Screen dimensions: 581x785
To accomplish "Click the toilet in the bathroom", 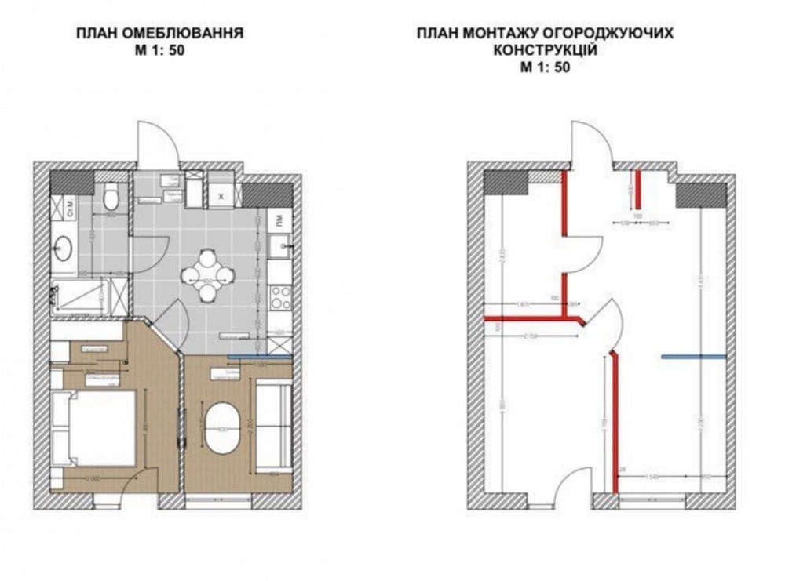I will click(x=111, y=194).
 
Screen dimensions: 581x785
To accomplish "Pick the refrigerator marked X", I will click(x=222, y=195).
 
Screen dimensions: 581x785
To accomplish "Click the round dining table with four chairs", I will click(x=207, y=275).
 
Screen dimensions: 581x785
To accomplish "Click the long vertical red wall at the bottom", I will click(x=615, y=423).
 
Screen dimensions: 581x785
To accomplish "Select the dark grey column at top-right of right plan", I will click(x=700, y=194).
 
